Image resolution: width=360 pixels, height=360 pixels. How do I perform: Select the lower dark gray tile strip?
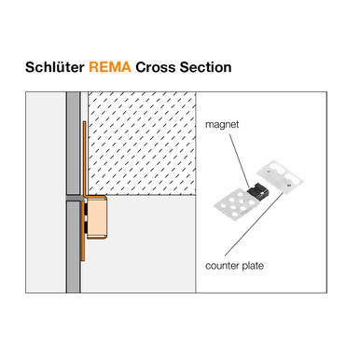coord(71,242)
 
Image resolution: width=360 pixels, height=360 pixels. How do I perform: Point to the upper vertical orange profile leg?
coord(84,159)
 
